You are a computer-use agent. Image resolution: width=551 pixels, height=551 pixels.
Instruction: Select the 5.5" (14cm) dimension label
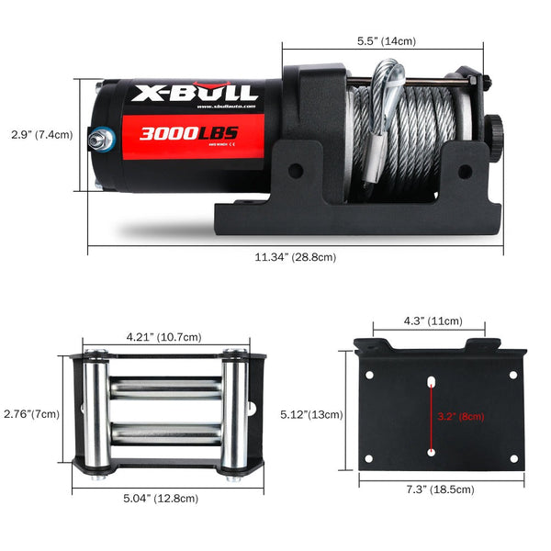386,40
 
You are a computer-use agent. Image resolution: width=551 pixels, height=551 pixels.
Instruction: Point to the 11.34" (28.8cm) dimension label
295,257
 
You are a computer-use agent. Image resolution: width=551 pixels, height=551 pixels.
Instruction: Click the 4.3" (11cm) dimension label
432,322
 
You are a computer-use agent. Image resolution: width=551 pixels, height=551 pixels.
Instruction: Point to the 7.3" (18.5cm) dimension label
440,490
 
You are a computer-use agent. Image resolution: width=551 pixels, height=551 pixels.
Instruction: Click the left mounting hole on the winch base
295,170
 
